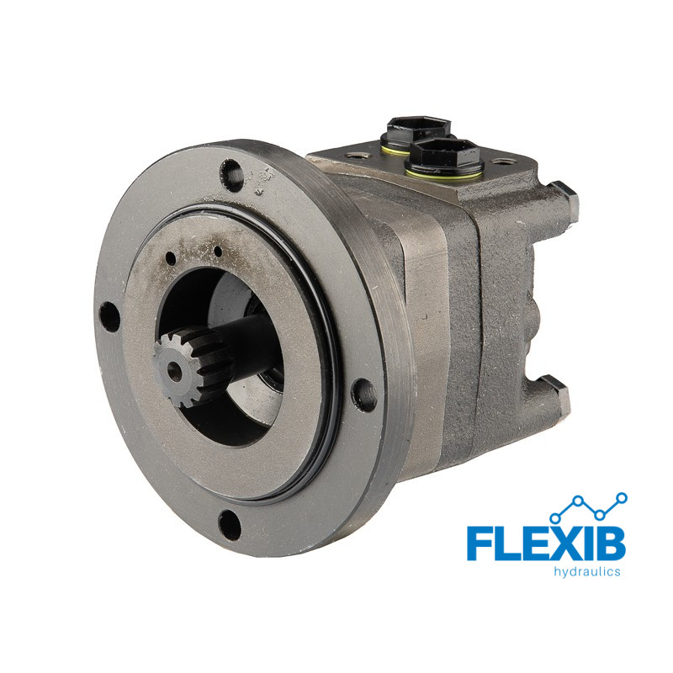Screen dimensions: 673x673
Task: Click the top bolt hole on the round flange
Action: tap(232, 175)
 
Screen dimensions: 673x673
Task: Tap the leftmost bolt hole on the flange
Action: tap(109, 317)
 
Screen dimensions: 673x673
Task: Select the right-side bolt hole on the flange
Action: tap(363, 395)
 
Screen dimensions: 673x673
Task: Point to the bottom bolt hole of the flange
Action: tap(229, 525)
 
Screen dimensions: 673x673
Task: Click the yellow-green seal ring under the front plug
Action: tap(444, 174)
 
